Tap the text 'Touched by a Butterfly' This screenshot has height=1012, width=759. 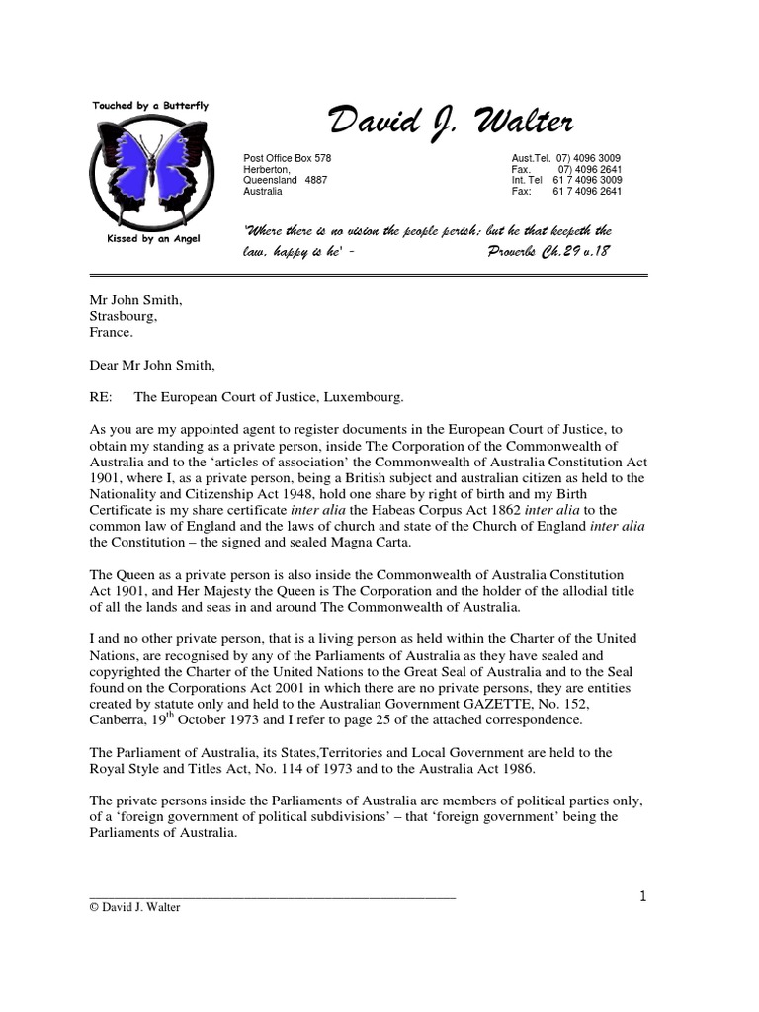tap(150, 105)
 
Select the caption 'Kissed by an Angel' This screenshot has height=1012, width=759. tap(151, 240)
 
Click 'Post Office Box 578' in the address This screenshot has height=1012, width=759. tap(288, 159)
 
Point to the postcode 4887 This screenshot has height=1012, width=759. tap(315, 181)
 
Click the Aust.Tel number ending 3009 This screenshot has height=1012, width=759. tap(589, 159)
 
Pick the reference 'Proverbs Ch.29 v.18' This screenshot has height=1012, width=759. tap(549, 252)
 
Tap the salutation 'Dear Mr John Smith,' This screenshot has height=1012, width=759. tap(151, 365)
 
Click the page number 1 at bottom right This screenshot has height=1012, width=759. tap(643, 897)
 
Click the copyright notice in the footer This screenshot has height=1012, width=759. tap(134, 907)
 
